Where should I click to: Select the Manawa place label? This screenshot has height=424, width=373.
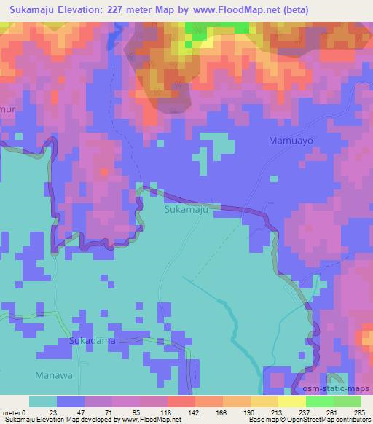pyautogui.click(x=49, y=376)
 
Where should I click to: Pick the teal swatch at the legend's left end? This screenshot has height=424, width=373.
pyautogui.click(x=43, y=401)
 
